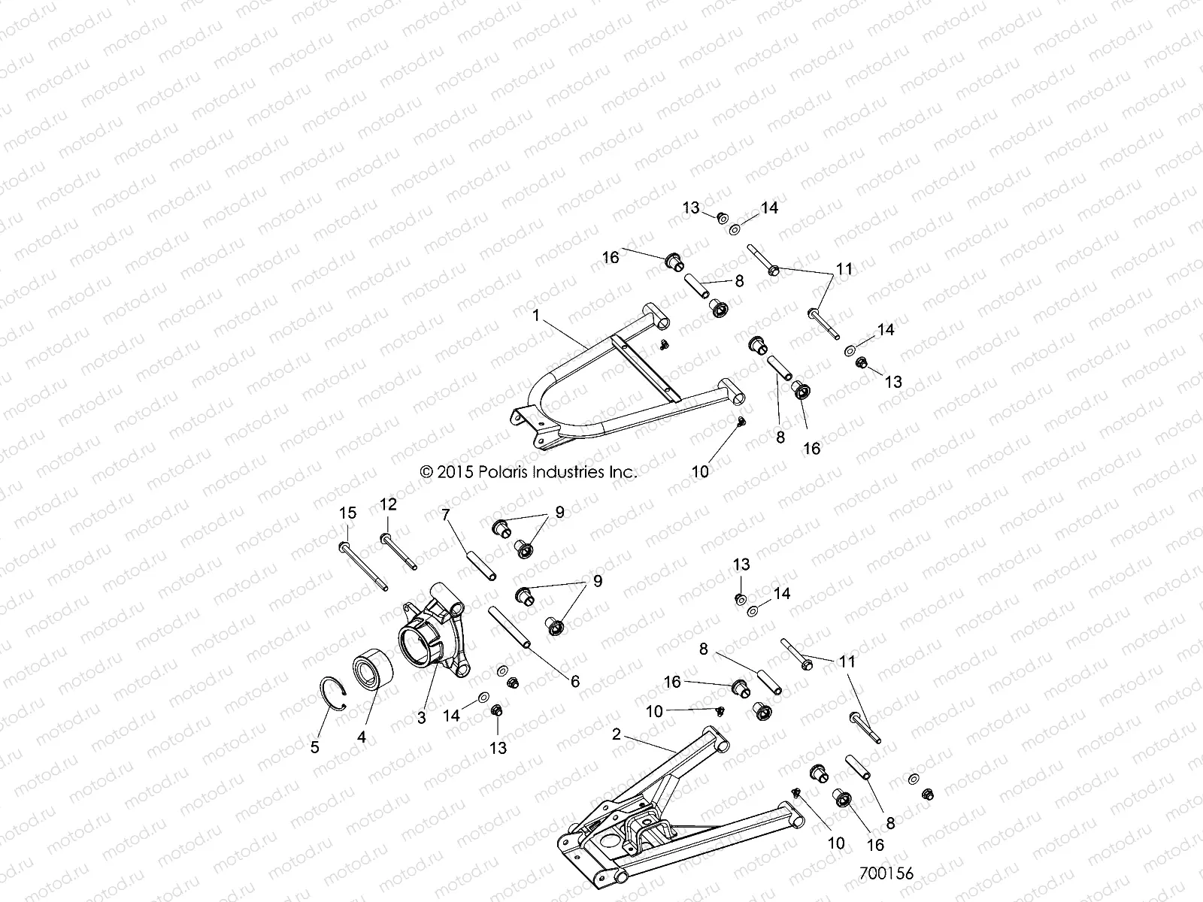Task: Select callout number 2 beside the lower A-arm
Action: click(x=617, y=734)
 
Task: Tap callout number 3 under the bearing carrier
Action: click(x=422, y=717)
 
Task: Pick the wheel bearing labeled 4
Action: click(x=370, y=666)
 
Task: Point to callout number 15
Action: click(x=347, y=514)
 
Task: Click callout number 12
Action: click(x=388, y=504)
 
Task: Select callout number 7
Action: click(x=446, y=515)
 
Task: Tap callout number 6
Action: click(x=575, y=682)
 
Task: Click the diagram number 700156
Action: click(x=886, y=874)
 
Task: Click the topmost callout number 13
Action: click(x=691, y=208)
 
